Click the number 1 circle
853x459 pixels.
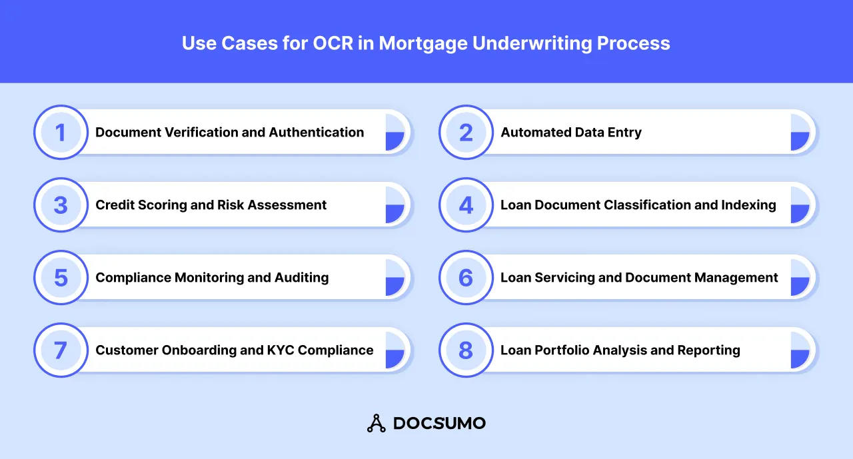point(61,132)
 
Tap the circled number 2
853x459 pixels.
point(466,132)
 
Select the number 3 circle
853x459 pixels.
point(61,205)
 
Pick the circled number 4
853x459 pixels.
point(466,205)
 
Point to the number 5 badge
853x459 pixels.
point(61,277)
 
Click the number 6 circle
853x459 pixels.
point(466,277)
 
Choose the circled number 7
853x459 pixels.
point(61,350)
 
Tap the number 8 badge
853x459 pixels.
point(466,350)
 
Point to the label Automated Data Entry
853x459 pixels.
point(571,132)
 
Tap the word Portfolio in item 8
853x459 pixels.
point(561,350)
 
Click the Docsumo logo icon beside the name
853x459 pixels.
point(377,423)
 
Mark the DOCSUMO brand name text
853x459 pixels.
point(439,423)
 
